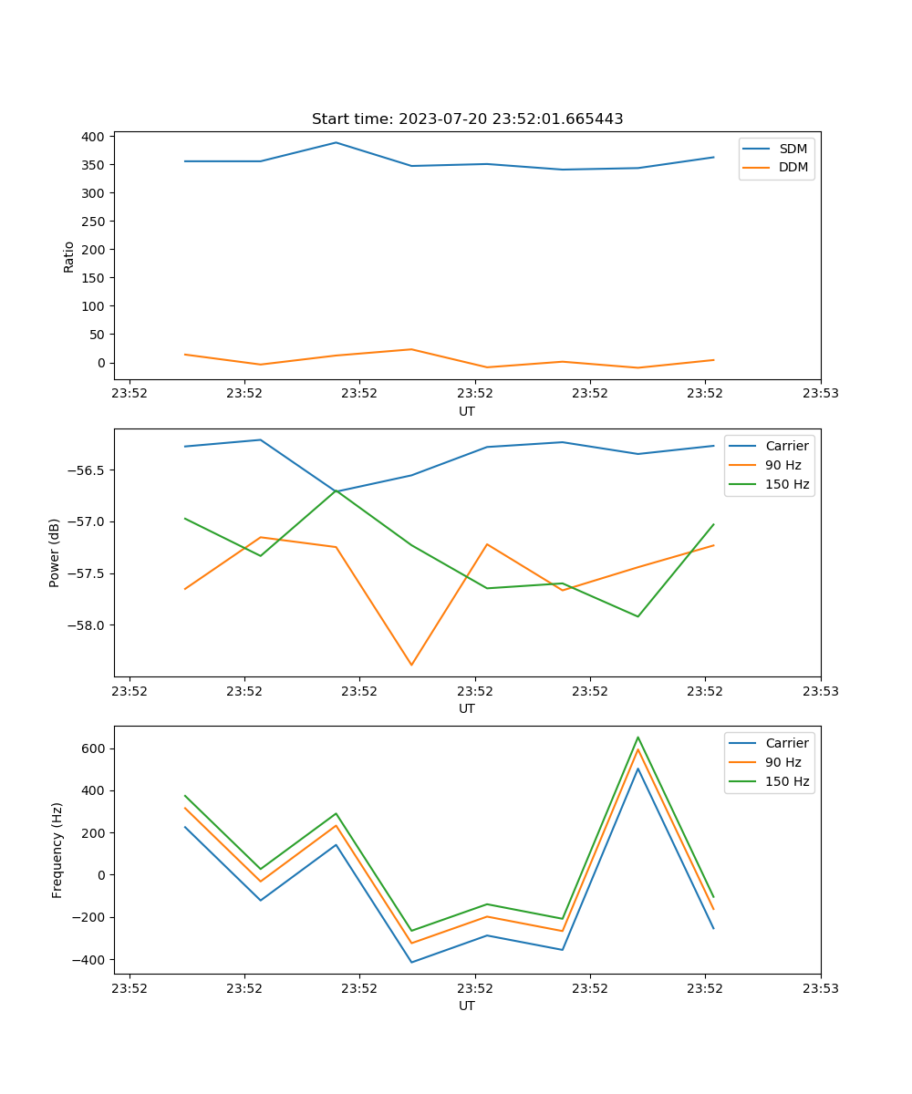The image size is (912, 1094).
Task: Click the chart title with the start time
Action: click(467, 119)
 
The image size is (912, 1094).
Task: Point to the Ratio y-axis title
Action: click(69, 256)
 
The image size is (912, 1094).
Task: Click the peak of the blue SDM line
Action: click(336, 142)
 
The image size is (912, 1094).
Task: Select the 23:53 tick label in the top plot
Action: click(820, 394)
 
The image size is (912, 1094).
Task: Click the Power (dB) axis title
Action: click(55, 552)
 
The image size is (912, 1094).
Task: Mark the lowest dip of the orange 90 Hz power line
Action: click(411, 665)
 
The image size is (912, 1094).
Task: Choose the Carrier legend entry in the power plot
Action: click(786, 446)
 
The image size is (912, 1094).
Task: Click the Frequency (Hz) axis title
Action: click(57, 850)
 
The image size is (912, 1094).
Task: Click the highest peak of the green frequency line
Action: click(637, 737)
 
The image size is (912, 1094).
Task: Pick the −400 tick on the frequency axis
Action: click(91, 959)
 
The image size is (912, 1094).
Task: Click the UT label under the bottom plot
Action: click(467, 1006)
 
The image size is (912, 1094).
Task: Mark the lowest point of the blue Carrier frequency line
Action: click(411, 962)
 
